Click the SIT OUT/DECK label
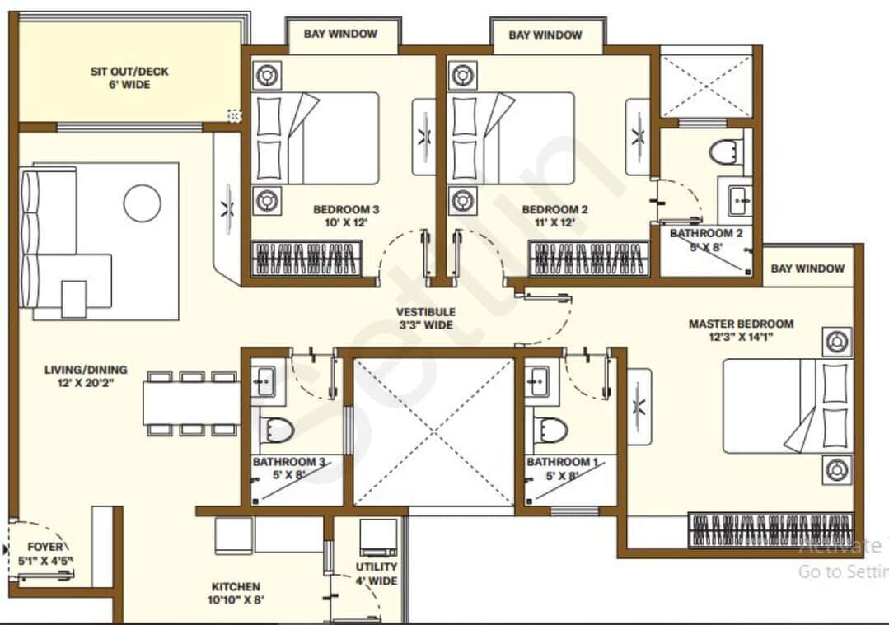pos(129,72)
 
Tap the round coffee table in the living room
pos(142,202)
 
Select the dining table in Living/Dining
pos(190,403)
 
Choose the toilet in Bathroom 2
pos(726,152)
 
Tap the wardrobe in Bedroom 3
pos(306,258)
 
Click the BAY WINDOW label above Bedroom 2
pos(545,35)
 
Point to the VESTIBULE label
pos(425,312)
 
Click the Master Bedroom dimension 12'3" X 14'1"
pos(741,337)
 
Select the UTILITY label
pos(377,567)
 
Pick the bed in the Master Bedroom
pos(783,405)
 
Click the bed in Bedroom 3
pos(315,138)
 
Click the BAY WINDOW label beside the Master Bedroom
pos(807,268)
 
